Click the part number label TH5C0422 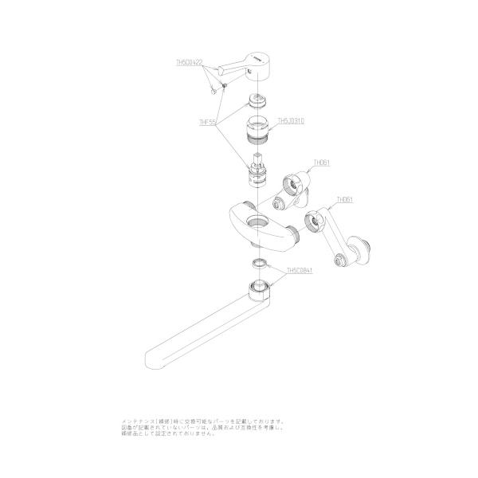click(190, 61)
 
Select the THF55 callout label click(208, 123)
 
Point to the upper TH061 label click(321, 162)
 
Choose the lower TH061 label click(345, 199)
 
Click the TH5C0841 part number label click(299, 270)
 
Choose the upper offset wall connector click(295, 183)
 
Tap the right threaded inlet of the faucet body click(294, 232)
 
